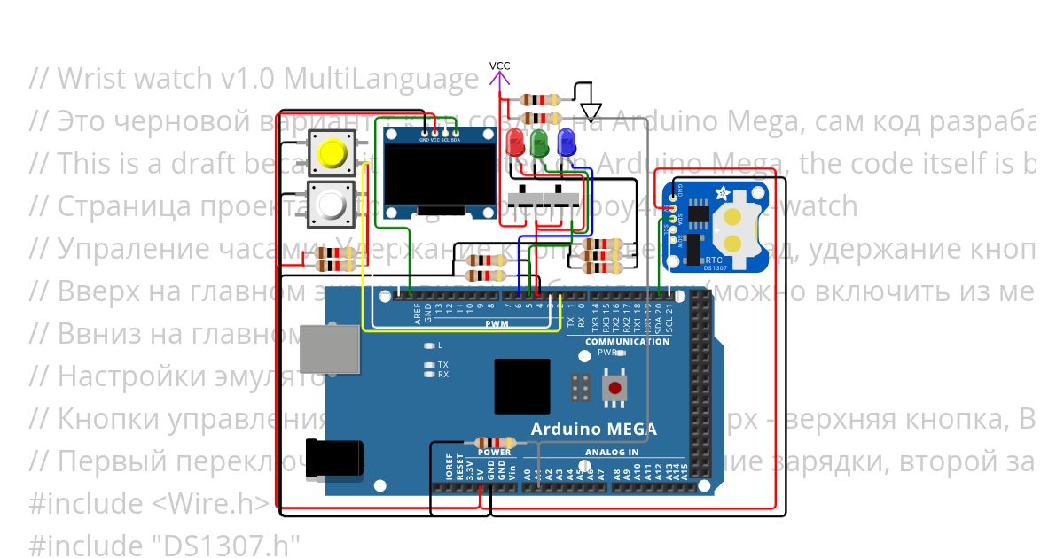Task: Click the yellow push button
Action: (x=332, y=153)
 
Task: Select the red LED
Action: (x=514, y=142)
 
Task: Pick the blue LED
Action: (x=566, y=142)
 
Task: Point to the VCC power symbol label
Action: (x=499, y=66)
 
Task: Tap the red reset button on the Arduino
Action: (x=613, y=387)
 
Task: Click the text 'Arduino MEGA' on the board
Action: (x=593, y=430)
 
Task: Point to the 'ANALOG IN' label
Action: (x=611, y=453)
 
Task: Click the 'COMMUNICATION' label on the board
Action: (x=628, y=341)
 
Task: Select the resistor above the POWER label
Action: (x=495, y=443)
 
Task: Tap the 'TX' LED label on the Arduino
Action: (x=442, y=364)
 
